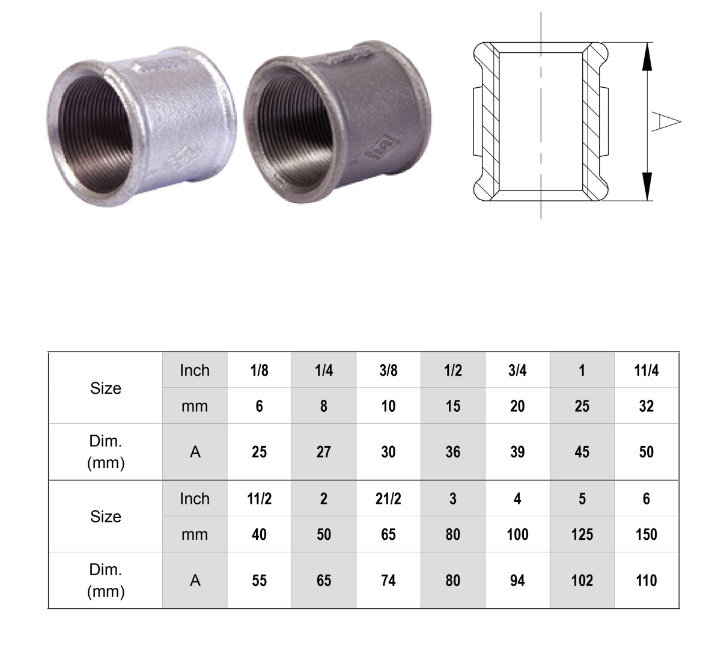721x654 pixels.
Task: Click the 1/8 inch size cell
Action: tap(259, 370)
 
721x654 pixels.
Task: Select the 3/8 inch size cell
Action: tap(388, 370)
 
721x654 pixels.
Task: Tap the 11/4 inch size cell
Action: tap(646, 370)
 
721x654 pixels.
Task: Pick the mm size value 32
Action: tap(646, 406)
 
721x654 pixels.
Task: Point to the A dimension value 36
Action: tap(453, 452)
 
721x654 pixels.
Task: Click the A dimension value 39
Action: tap(517, 452)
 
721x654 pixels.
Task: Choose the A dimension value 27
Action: tap(324, 452)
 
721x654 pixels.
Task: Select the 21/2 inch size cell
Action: tap(388, 498)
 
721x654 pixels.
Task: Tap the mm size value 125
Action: tap(582, 534)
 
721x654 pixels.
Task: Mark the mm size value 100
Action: tap(517, 534)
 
